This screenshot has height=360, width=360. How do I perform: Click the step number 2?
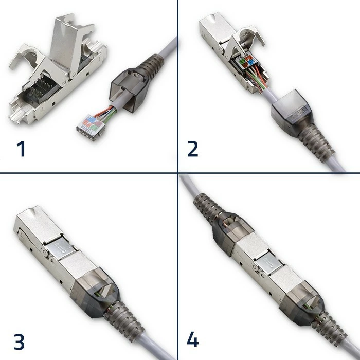point(193,149)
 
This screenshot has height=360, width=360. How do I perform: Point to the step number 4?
point(192,340)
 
